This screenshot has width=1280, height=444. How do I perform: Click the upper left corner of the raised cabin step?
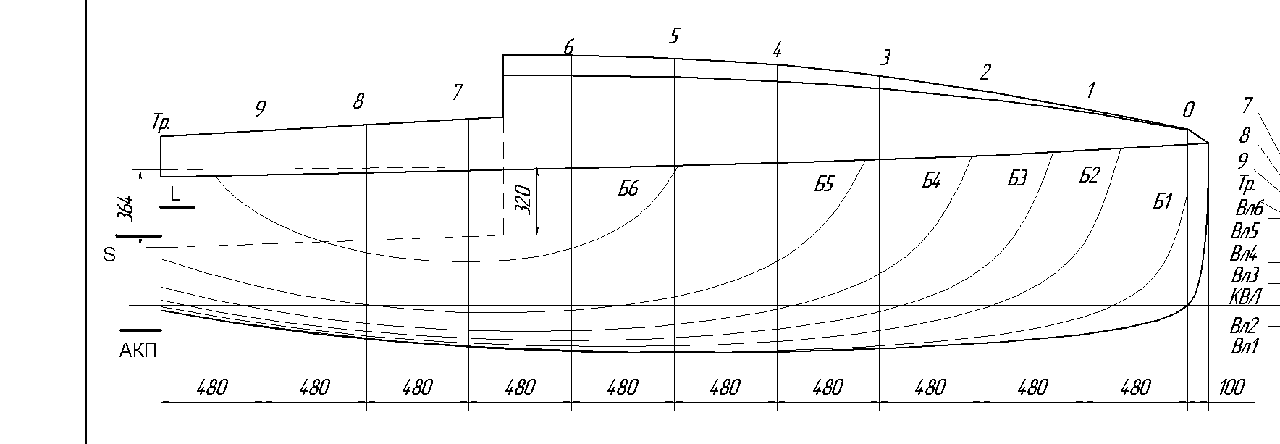[x=504, y=54]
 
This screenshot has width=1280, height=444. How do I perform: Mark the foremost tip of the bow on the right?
[x=1208, y=143]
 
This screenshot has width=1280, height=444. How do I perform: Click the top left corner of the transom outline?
[x=161, y=135]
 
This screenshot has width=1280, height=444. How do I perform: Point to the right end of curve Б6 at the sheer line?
[x=678, y=166]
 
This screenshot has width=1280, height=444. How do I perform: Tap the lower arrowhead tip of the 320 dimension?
[x=537, y=235]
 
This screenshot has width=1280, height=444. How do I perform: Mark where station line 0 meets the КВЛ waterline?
[x=1188, y=305]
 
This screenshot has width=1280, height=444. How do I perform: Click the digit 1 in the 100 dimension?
[x=1221, y=388]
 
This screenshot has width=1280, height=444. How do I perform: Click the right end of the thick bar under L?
[x=194, y=207]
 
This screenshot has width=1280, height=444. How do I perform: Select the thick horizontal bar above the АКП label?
[x=140, y=331]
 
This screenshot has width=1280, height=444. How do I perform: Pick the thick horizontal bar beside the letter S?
[x=138, y=236]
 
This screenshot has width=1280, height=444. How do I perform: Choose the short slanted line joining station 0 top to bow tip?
[x=1198, y=136]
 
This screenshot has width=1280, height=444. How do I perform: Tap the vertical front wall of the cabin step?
[x=504, y=85]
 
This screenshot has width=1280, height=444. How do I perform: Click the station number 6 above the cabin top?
[x=569, y=47]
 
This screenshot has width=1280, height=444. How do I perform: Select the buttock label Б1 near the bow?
[x=1162, y=201]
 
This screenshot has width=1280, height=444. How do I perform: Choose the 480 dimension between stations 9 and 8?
[x=315, y=388]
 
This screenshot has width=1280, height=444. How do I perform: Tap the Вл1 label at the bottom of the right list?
[x=1245, y=346]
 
